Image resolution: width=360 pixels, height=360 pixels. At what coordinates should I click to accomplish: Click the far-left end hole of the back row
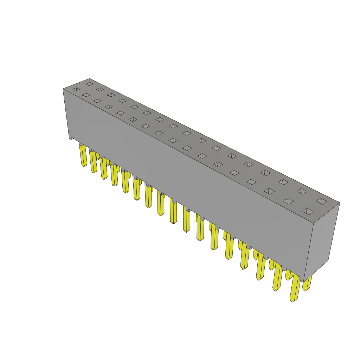(x=90, y=84)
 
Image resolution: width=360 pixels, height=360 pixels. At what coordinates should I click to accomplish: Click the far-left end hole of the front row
(x=76, y=90)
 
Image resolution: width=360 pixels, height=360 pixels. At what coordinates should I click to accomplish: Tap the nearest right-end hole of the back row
(x=321, y=201)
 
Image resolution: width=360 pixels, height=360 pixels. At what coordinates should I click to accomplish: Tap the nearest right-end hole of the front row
(x=308, y=212)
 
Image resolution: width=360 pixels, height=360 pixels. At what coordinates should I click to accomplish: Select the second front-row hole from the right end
(x=288, y=201)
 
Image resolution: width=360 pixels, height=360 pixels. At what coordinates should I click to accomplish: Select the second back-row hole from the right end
(x=302, y=191)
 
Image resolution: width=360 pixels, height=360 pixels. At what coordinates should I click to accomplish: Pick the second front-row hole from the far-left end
(x=86, y=95)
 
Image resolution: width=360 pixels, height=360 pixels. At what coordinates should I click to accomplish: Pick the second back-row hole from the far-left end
(x=100, y=89)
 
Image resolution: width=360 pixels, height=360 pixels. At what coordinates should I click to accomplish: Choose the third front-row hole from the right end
(x=269, y=191)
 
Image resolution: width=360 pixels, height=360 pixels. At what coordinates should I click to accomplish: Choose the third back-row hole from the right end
(x=283, y=182)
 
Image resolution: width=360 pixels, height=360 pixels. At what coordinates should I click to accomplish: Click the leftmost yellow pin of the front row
(x=83, y=155)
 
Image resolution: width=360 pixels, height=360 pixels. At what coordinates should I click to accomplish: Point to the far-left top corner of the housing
(x=63, y=89)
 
